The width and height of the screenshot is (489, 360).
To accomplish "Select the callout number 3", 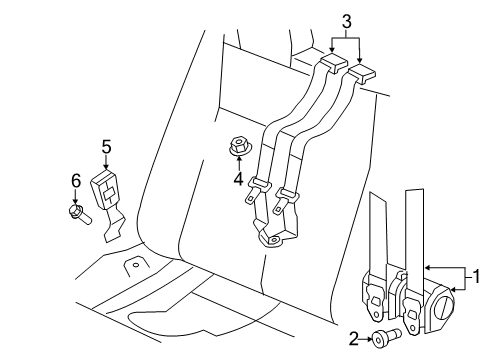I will point(346,21).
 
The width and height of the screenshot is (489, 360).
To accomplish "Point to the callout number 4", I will point(237,181).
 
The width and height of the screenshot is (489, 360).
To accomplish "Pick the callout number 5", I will point(106,147).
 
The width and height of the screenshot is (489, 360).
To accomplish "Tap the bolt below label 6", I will point(79,212).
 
